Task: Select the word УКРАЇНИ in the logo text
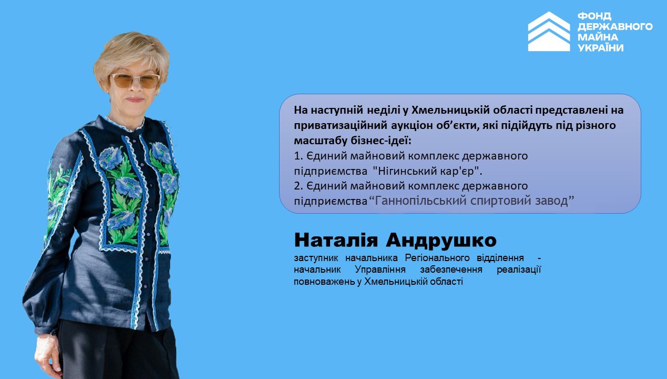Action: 601,48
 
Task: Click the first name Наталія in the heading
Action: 336,240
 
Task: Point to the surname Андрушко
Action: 442,241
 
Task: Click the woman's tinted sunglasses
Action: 136,81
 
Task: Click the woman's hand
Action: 47,355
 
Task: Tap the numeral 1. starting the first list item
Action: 299,156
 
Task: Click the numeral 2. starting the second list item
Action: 299,186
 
